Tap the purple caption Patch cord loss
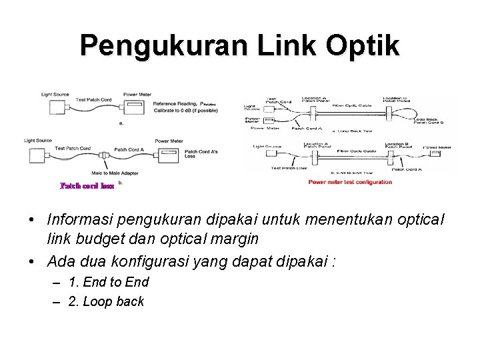(87, 186)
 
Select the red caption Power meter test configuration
(350, 182)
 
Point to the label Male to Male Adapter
(100, 173)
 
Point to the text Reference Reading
(173, 104)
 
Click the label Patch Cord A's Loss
(201, 155)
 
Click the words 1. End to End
(109, 282)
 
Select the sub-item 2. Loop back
(106, 301)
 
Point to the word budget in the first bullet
(101, 238)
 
